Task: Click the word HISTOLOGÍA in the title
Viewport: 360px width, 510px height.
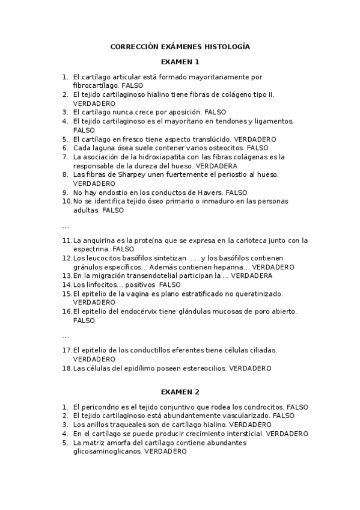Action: pyautogui.click(x=226, y=46)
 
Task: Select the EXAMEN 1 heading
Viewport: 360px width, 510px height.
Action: pyautogui.click(x=180, y=62)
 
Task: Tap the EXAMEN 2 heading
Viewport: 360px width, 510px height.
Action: pyautogui.click(x=180, y=392)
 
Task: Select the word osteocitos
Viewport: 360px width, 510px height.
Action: pyautogui.click(x=227, y=147)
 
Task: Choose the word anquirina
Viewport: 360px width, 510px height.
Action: pyautogui.click(x=100, y=240)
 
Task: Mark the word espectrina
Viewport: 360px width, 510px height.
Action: pyautogui.click(x=91, y=248)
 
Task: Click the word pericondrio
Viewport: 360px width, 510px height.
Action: pyautogui.click(x=100, y=407)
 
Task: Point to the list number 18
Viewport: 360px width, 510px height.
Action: pyautogui.click(x=66, y=367)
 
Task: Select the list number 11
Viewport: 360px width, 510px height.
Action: pyautogui.click(x=66, y=240)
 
